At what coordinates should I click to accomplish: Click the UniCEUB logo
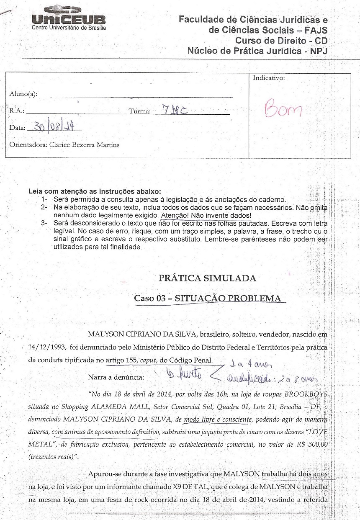(x=69, y=18)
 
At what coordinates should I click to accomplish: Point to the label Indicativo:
(x=269, y=78)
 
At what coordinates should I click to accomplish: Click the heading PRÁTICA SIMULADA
(x=207, y=278)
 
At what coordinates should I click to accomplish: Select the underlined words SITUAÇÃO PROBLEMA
(x=228, y=299)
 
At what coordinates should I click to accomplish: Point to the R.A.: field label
(x=17, y=111)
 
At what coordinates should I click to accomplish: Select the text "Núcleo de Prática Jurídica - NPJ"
(x=257, y=51)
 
